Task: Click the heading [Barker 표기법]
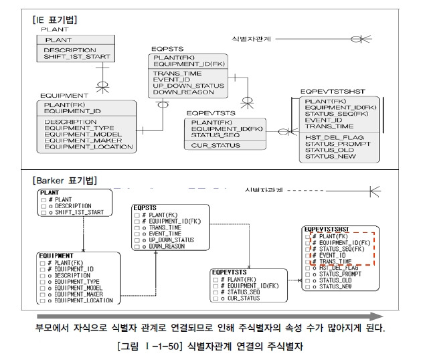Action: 64,180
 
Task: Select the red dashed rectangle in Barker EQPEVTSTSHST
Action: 342,248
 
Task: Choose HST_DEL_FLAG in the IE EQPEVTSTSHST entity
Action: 334,137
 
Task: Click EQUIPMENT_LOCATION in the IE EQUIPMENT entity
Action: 88,147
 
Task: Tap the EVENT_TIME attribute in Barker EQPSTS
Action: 164,234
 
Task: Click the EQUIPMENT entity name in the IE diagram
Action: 64,96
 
